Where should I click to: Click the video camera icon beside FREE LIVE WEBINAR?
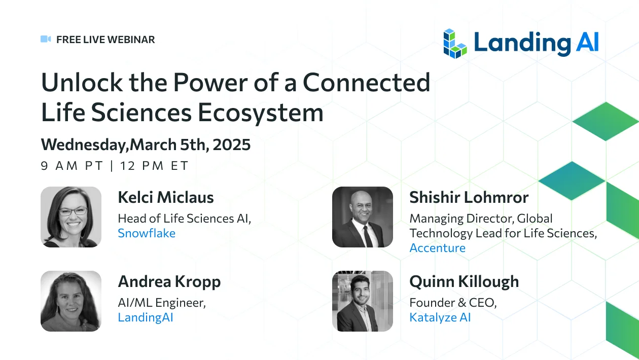click(x=46, y=39)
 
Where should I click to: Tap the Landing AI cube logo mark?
click(x=455, y=44)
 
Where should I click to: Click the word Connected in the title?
click(x=366, y=83)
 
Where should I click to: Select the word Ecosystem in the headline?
click(x=261, y=113)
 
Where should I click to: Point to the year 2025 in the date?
click(x=232, y=145)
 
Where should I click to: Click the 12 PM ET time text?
click(x=154, y=165)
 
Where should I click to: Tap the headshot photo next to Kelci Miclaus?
click(x=71, y=217)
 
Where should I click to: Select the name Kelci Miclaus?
click(x=166, y=197)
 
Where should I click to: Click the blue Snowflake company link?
click(x=147, y=233)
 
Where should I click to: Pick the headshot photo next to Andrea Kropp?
click(x=71, y=301)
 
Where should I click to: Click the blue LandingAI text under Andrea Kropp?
click(x=146, y=317)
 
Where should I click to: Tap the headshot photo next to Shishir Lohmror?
click(x=363, y=217)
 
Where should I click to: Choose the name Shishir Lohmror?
click(x=469, y=197)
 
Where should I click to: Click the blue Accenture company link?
click(x=438, y=248)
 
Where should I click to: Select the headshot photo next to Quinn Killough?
click(x=363, y=301)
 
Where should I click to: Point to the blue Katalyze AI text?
click(x=440, y=317)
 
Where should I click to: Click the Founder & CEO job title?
click(x=453, y=303)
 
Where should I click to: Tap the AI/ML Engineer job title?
click(x=162, y=303)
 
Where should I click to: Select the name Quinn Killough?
click(x=464, y=282)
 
